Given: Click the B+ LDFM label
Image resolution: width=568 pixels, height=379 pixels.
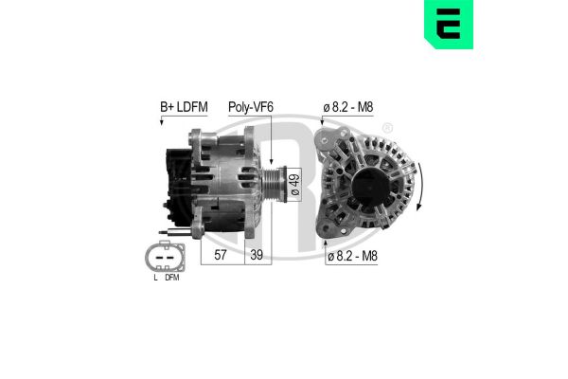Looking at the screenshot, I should click(x=183, y=108).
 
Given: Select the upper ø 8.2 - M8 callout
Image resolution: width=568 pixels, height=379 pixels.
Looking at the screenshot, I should click(x=349, y=108).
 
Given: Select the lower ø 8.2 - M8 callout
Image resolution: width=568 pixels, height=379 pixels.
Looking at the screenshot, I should click(x=351, y=256).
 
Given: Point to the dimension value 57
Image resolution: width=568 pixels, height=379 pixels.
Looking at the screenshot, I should click(x=220, y=255).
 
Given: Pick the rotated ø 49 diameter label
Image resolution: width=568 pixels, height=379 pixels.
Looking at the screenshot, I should click(x=294, y=184).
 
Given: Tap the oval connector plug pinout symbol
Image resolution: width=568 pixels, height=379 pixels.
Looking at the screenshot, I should click(x=164, y=256).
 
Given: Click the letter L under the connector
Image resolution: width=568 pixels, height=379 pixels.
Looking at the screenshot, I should click(x=153, y=279).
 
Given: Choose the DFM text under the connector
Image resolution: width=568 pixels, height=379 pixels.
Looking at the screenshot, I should click(x=171, y=279).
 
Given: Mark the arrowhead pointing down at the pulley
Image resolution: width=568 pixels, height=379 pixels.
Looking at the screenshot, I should click(x=272, y=162).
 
